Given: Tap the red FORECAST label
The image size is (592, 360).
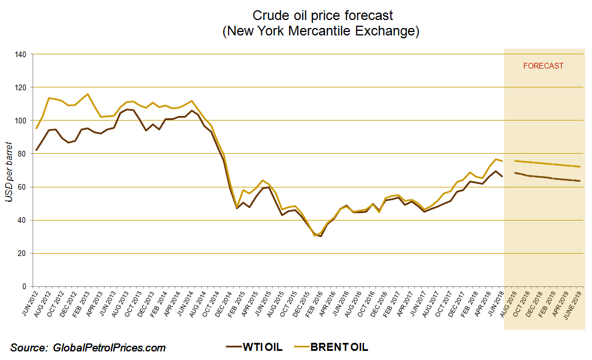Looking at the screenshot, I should coord(543,66).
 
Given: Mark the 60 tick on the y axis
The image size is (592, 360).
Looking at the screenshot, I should coord(23,187).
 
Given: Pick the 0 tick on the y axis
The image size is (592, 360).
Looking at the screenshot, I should coord(25,286).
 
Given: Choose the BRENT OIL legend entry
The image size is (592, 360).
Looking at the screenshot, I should coord(333,347).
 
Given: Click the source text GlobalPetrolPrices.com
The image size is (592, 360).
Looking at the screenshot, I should coord(88,347).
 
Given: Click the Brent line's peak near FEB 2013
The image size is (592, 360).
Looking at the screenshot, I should coord(87,94).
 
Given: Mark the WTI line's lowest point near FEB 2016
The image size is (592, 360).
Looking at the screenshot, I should coord(321,236).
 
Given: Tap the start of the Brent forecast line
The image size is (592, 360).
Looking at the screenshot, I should coord(515,161).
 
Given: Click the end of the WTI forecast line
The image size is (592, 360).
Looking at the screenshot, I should coord(580,181).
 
